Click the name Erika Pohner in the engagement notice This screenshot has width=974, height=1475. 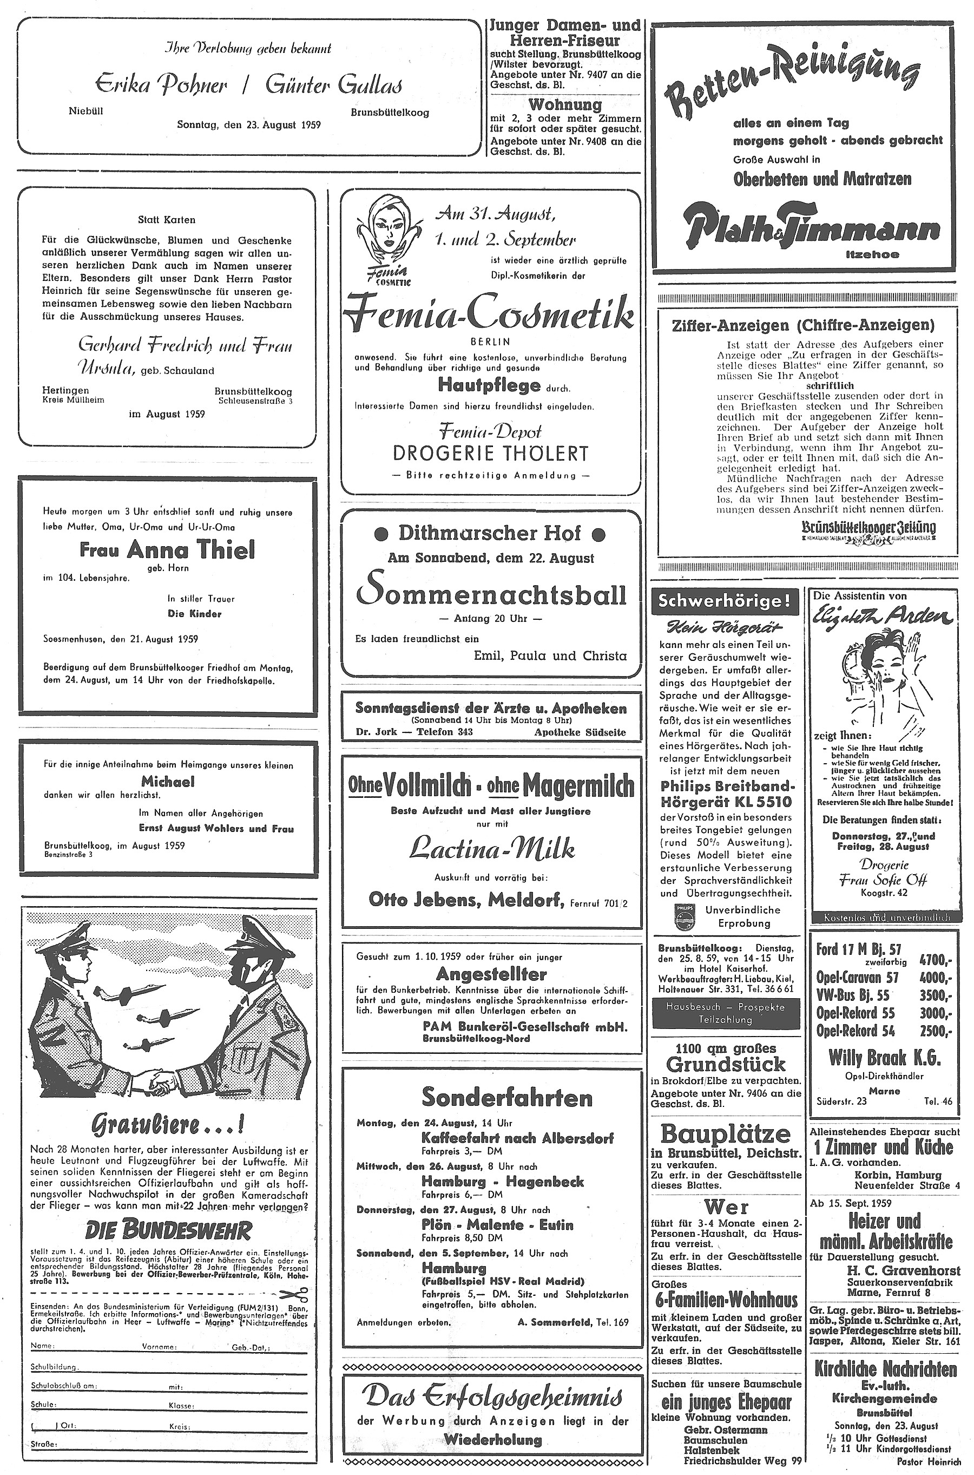(x=161, y=84)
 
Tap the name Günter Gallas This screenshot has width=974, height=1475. (x=333, y=84)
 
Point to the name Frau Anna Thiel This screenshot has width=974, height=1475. (x=167, y=549)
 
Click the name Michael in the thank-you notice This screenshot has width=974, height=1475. (x=168, y=782)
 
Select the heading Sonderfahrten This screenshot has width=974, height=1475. (x=507, y=1097)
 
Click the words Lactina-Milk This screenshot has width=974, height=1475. (x=491, y=849)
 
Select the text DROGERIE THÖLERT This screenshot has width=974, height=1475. (x=490, y=453)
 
